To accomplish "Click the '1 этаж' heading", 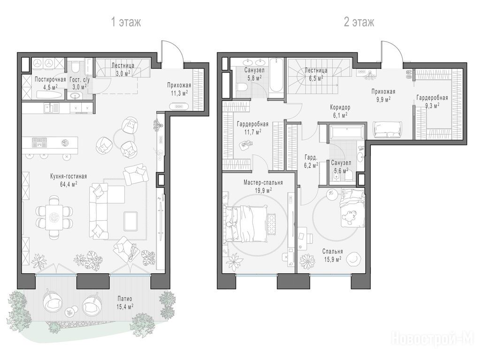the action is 126,22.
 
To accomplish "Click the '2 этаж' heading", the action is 359,22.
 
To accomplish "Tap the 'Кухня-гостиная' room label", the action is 69,176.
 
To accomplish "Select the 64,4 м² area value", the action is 69,184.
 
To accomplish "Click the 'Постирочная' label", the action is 51,80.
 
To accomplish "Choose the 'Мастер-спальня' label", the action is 263,183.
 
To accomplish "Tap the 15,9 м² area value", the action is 332,259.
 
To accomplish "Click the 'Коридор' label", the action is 340,107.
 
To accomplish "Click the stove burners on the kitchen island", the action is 39,142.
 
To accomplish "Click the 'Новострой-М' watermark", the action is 432,338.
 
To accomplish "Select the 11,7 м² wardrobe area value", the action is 252,132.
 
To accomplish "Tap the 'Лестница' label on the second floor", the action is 316,71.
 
